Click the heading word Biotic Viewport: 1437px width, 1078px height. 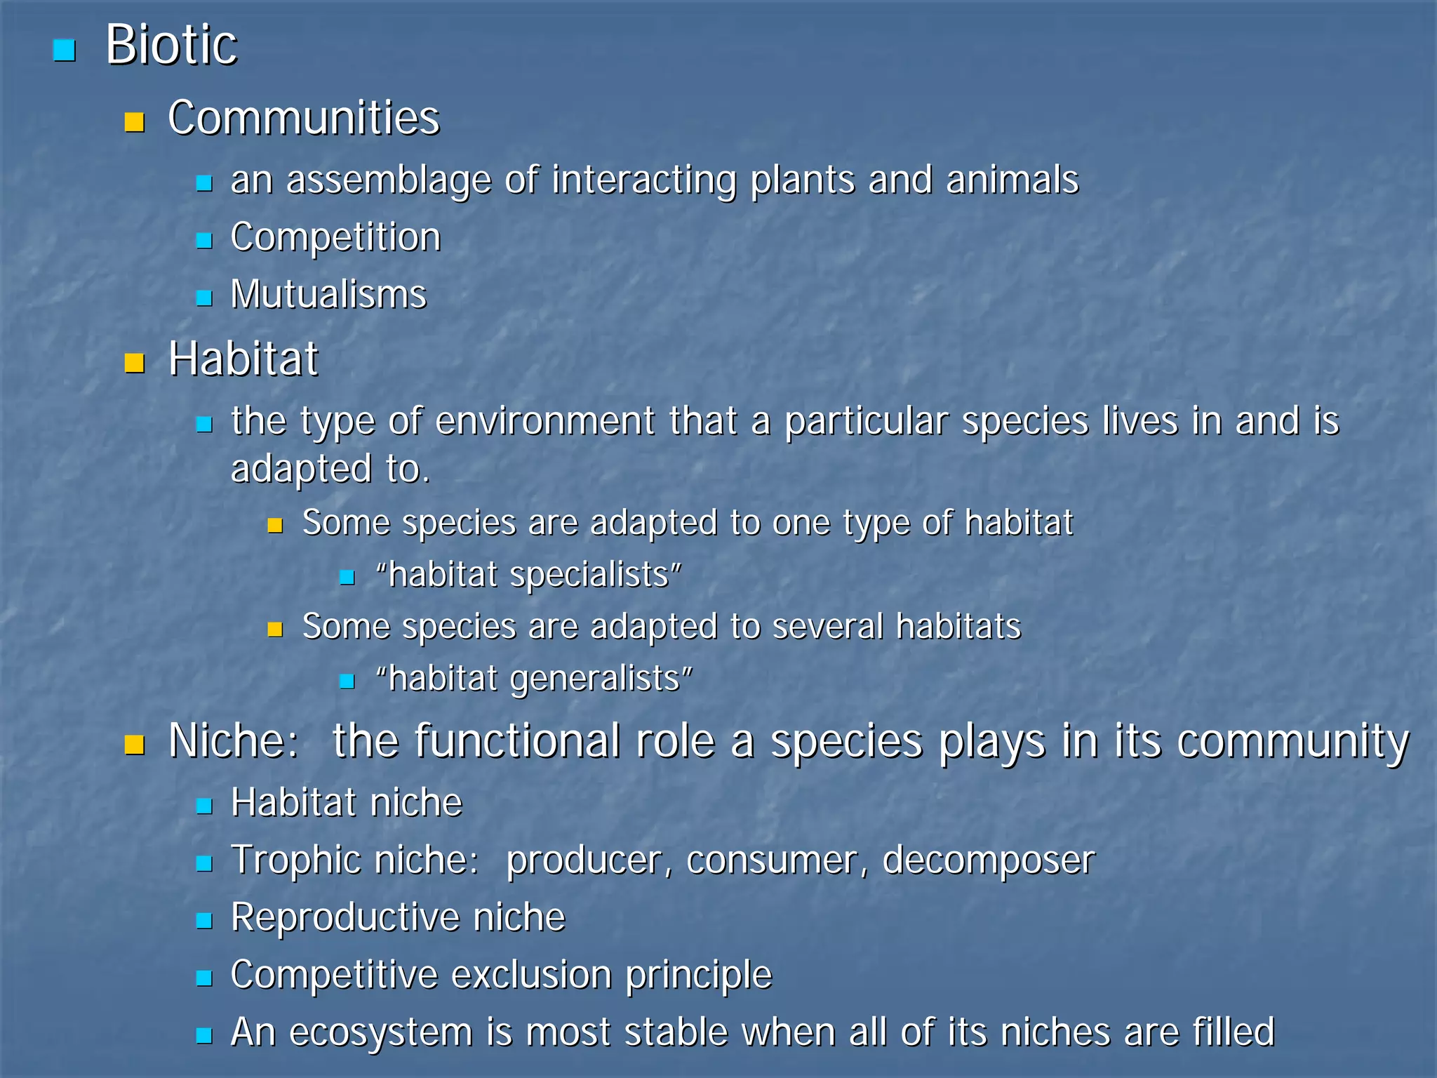(171, 45)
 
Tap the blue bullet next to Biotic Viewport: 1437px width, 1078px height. (64, 51)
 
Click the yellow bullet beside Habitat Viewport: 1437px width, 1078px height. (134, 363)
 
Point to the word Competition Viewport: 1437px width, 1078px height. (335, 237)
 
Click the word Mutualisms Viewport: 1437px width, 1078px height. (328, 294)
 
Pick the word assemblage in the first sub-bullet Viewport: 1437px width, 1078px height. (389, 181)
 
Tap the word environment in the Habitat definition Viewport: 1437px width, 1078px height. (545, 421)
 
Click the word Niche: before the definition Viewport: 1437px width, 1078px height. (234, 741)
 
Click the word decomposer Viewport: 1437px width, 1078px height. (988, 860)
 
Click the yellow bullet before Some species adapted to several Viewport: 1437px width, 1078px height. (275, 629)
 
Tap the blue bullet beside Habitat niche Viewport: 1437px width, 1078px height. (204, 806)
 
